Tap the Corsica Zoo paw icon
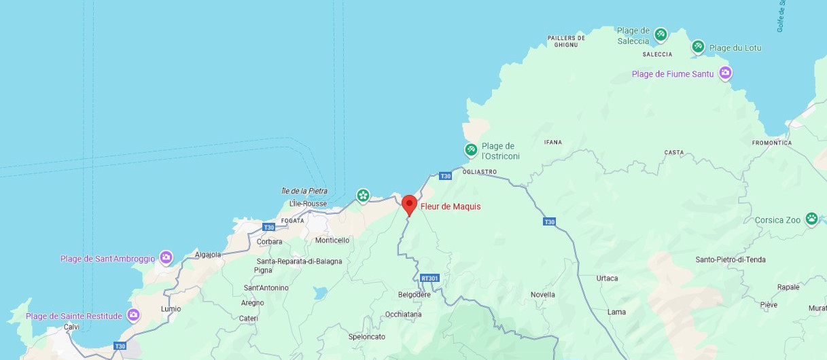pos(811,219)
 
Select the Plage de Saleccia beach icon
pos(660,34)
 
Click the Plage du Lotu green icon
pos(698,47)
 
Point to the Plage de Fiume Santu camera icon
pos(725,73)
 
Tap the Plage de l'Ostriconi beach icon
pos(471,149)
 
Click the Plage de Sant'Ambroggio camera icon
pos(166,258)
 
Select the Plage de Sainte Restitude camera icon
pos(133,315)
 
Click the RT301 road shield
pos(429,278)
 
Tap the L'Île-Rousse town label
pos(308,204)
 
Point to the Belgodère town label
pos(415,295)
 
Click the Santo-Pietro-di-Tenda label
pos(731,259)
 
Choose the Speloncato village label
pos(366,336)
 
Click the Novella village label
pos(543,295)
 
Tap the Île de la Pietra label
pos(304,191)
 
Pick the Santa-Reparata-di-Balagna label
pos(299,262)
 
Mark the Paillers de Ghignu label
pos(565,41)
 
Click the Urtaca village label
pos(607,278)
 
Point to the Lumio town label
pos(171,309)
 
